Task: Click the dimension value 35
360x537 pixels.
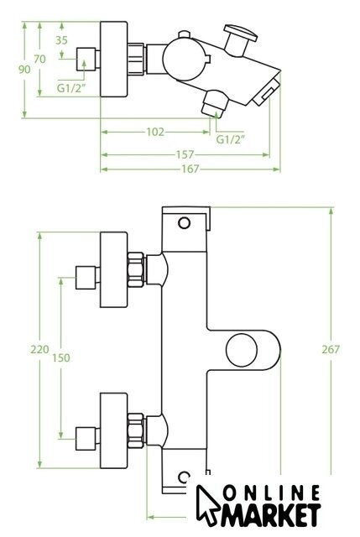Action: pos(61,40)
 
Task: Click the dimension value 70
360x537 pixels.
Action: pos(39,60)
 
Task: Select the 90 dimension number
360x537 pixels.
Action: pos(24,70)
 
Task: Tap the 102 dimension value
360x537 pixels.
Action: pos(155,132)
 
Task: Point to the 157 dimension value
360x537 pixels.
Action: pos(185,154)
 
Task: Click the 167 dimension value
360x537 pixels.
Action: pos(190,169)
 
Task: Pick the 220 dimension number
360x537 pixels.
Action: pos(39,350)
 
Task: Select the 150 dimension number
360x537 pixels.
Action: pos(61,358)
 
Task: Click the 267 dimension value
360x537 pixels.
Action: pos(331,350)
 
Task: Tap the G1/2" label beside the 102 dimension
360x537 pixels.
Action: pos(232,139)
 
